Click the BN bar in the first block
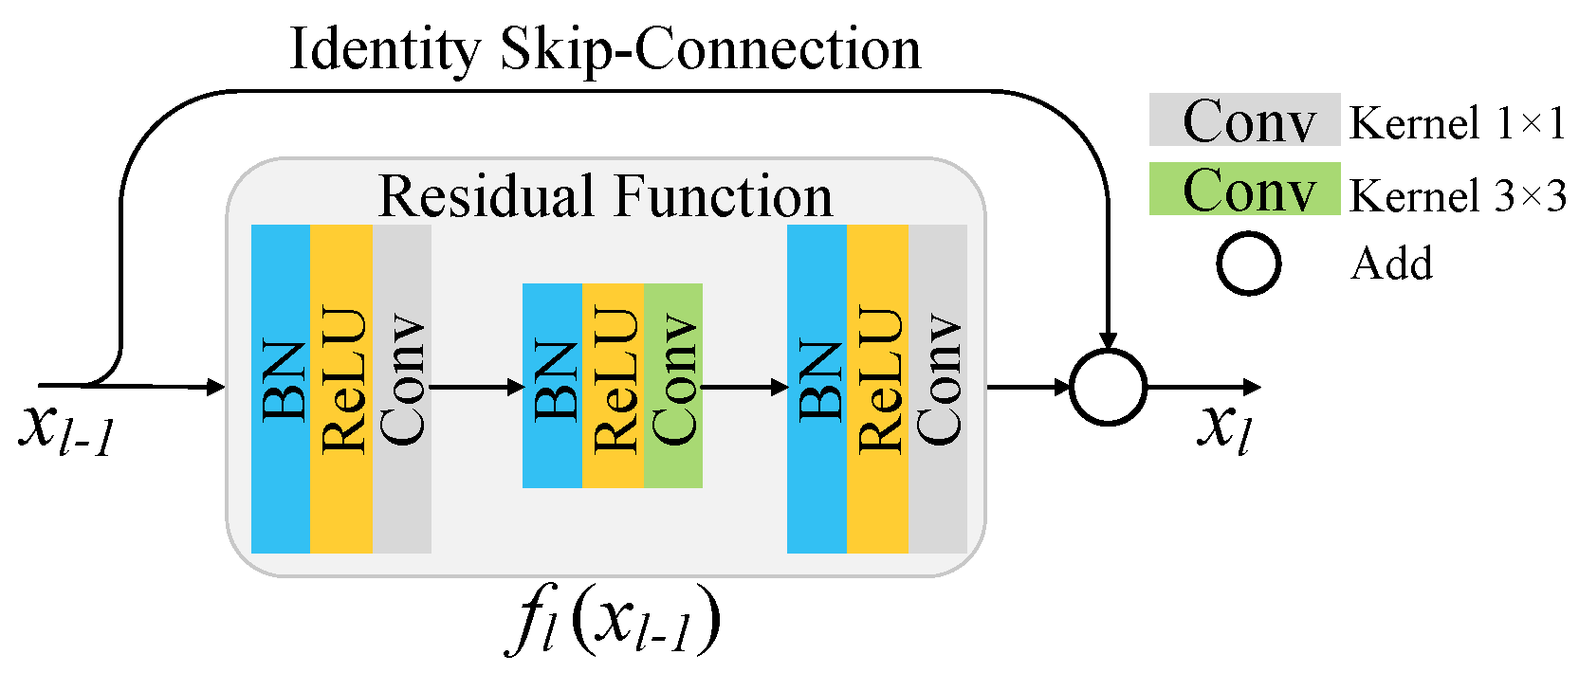coord(281,389)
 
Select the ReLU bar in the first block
coord(341,389)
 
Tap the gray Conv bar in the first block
coord(402,389)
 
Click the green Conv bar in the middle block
coord(673,386)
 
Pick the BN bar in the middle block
coord(552,386)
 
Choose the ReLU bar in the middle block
coord(613,386)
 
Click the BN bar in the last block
coord(817,389)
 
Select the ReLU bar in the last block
coord(877,389)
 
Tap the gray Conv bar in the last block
coord(938,389)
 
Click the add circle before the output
coord(1072,387)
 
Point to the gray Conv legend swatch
coord(1245,119)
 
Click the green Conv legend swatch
coord(1245,189)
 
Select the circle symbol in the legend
coord(1218,264)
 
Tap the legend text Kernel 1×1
coord(1457,123)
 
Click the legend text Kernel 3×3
coord(1457,194)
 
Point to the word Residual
coord(487,195)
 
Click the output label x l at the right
coord(1223,427)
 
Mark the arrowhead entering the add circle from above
coord(1108,340)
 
